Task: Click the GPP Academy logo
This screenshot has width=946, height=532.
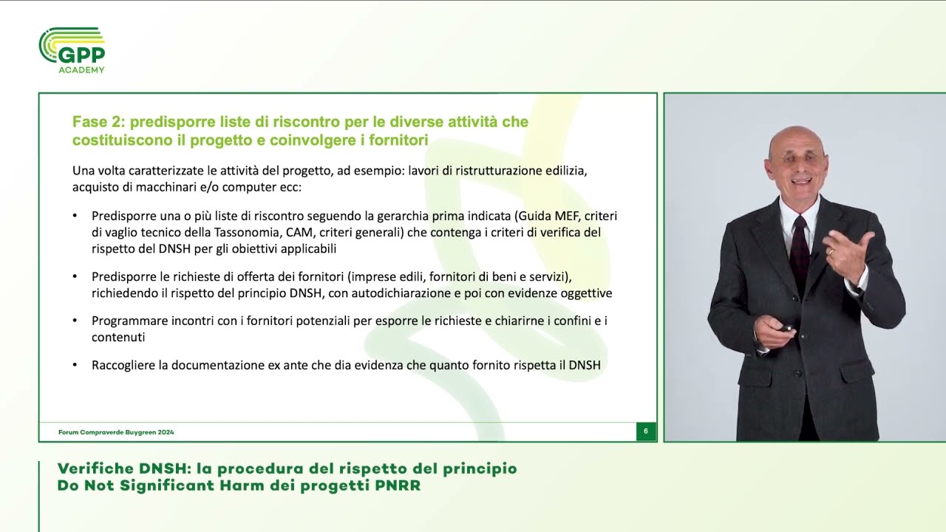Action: pyautogui.click(x=72, y=50)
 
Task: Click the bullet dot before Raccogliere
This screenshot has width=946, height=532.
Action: pyautogui.click(x=75, y=366)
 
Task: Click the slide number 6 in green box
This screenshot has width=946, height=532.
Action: pyautogui.click(x=646, y=432)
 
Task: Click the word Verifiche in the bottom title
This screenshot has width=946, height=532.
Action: pyautogui.click(x=94, y=469)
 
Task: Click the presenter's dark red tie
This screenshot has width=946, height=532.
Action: pyautogui.click(x=799, y=244)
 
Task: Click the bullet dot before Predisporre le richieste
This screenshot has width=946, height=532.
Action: pyautogui.click(x=75, y=277)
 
